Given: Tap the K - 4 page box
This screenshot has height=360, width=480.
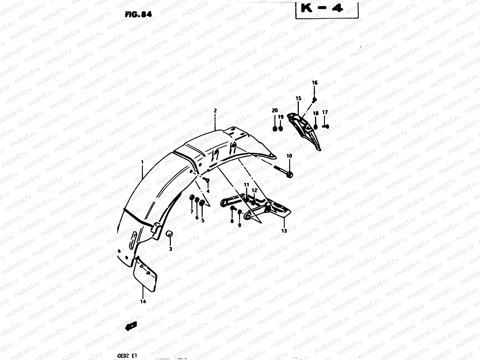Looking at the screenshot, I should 327,9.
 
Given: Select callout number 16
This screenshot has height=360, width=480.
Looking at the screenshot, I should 314,83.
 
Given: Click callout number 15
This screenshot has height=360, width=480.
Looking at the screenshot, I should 298,98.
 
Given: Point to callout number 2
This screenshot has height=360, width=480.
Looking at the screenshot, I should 215,111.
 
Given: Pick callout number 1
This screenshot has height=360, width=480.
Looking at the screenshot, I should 142,162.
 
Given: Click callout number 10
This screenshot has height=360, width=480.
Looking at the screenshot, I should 289,156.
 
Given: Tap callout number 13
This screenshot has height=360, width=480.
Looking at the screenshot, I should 284,231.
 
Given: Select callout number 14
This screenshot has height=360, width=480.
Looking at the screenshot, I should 143,301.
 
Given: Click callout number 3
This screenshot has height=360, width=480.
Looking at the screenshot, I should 170,249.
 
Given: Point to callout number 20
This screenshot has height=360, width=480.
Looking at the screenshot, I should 275,110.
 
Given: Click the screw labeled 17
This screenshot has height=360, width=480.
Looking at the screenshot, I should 326,126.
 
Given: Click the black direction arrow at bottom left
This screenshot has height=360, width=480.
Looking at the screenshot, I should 131,326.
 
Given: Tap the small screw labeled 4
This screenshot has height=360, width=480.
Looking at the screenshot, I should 206,180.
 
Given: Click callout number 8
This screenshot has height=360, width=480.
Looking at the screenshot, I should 232,221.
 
